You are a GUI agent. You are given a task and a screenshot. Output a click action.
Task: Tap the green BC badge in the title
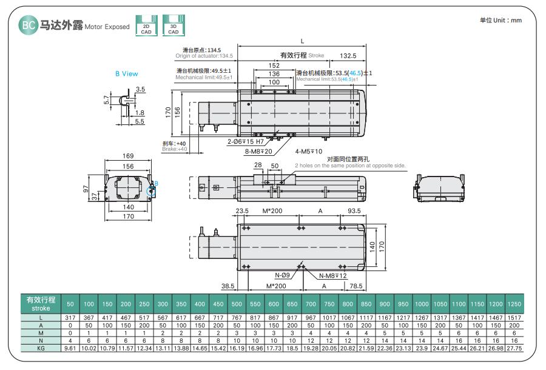tap(27, 25)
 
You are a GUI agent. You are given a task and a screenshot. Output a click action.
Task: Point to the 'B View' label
tap(127, 74)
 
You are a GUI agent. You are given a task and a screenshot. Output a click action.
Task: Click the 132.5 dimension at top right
tap(348, 55)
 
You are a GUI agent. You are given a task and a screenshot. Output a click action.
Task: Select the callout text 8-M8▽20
tap(258, 151)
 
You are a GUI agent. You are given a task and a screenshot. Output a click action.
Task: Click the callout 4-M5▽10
tap(309, 151)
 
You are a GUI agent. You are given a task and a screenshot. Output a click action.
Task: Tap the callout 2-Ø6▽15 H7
tap(245, 141)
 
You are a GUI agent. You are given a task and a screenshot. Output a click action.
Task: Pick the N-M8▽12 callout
tap(333, 275)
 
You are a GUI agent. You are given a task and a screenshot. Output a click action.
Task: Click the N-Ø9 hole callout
tap(283, 275)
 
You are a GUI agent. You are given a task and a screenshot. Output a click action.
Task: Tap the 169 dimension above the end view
tap(128, 156)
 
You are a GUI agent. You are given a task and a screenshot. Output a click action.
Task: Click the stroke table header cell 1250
tap(514, 304)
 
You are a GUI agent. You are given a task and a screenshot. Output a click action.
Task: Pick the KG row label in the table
tap(41, 349)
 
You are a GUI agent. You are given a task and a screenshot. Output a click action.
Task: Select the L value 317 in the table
tap(70, 317)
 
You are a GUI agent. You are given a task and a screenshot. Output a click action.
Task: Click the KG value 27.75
tap(514, 349)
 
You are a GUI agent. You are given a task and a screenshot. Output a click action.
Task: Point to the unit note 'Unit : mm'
tap(500, 20)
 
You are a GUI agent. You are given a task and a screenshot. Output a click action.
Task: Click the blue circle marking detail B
tap(151, 192)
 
